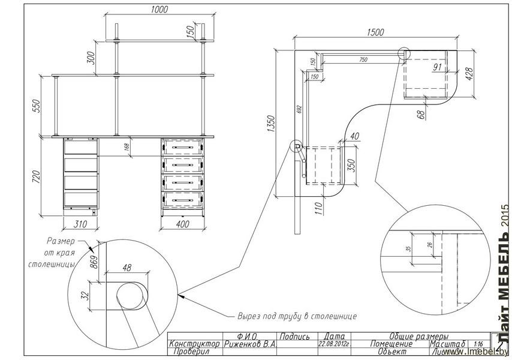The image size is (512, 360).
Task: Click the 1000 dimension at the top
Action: (x=159, y=9)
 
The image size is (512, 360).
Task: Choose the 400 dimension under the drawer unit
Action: (x=183, y=224)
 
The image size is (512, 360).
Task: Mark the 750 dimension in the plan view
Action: (x=363, y=59)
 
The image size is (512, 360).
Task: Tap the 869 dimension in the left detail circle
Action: (x=93, y=262)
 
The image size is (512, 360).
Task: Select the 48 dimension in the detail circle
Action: (x=126, y=269)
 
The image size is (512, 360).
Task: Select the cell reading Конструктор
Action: (x=195, y=344)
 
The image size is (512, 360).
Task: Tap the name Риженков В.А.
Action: (x=249, y=344)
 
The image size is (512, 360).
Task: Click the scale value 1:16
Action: (x=478, y=344)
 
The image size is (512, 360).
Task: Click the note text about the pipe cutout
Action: (x=297, y=316)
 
